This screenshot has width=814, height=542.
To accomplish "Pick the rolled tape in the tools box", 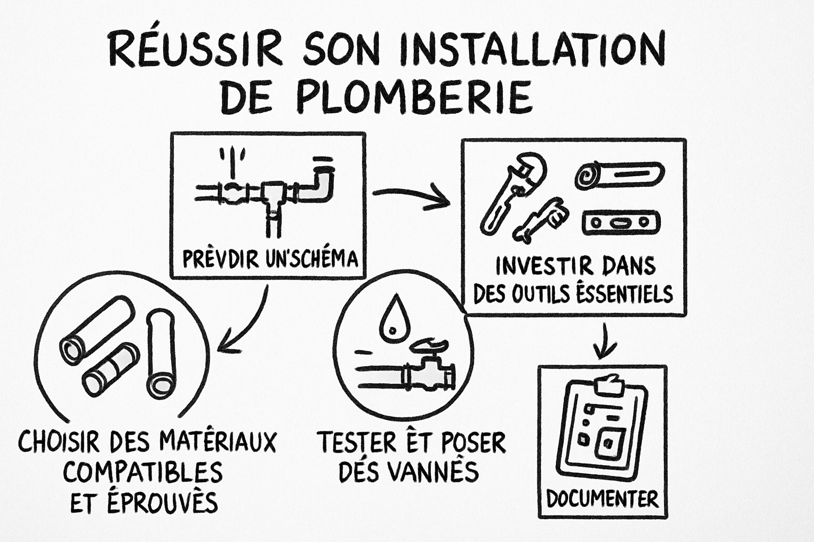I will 619,175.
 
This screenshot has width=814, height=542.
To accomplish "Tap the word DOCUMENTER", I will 602,498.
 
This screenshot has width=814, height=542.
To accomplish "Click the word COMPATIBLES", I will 142,472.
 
